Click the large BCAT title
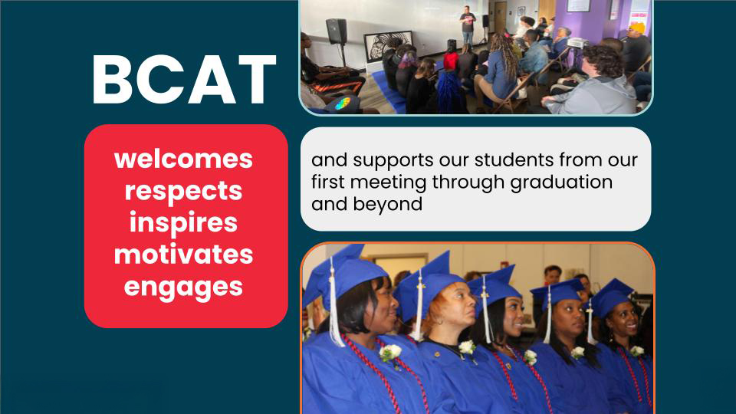point(183,80)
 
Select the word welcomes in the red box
point(183,159)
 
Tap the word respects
point(183,192)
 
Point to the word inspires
point(183,223)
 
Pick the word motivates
point(183,255)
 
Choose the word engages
point(183,287)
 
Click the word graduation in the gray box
point(561,183)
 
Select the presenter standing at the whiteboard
point(467,24)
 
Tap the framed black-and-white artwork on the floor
point(388,46)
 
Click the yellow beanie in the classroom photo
point(637,28)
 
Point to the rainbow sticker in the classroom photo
point(343,103)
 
